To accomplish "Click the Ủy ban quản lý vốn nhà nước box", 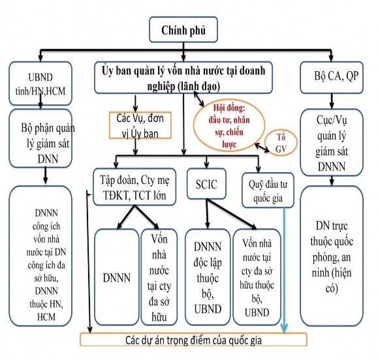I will pyautogui.click(x=186, y=79).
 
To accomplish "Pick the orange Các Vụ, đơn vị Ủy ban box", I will pyautogui.click(x=140, y=125).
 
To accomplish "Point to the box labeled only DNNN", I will pyautogui.click(x=115, y=277).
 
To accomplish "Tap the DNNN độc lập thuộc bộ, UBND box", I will pyautogui.click(x=206, y=277).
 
